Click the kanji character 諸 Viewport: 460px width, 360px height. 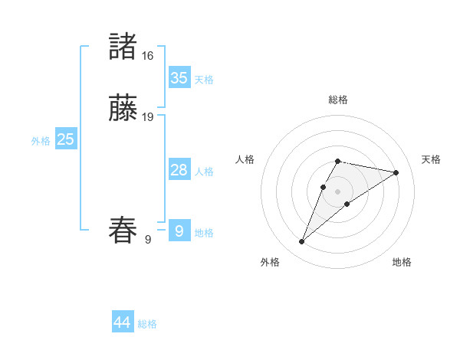pyautogui.click(x=123, y=47)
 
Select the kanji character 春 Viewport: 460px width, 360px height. pyautogui.click(x=123, y=231)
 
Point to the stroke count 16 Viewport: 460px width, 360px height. pyautogui.click(x=147, y=56)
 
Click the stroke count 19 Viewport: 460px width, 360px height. pyautogui.click(x=148, y=117)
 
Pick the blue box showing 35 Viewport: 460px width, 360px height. pyautogui.click(x=179, y=78)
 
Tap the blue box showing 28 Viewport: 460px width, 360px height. pyautogui.click(x=179, y=170)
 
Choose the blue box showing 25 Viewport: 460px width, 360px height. pyautogui.click(x=66, y=139)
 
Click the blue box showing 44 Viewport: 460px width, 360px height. pyautogui.click(x=123, y=322)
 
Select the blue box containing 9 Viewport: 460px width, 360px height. pyautogui.click(x=179, y=231)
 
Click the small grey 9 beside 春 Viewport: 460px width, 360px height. pyautogui.click(x=148, y=240)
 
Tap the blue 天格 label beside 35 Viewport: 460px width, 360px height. pyautogui.click(x=204, y=80)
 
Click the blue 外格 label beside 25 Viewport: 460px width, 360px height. pyautogui.click(x=41, y=141)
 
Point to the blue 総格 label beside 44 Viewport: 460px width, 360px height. pyautogui.click(x=147, y=324)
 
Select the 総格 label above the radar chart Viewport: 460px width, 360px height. pyautogui.click(x=338, y=100)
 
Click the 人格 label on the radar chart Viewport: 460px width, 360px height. pyautogui.click(x=245, y=159)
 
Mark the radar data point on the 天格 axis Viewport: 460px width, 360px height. pyautogui.click(x=396, y=172)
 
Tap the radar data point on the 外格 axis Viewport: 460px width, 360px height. pyautogui.click(x=302, y=242)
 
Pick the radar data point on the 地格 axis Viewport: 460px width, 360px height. pyautogui.click(x=347, y=203)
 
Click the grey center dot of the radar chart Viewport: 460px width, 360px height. pyautogui.click(x=338, y=191)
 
